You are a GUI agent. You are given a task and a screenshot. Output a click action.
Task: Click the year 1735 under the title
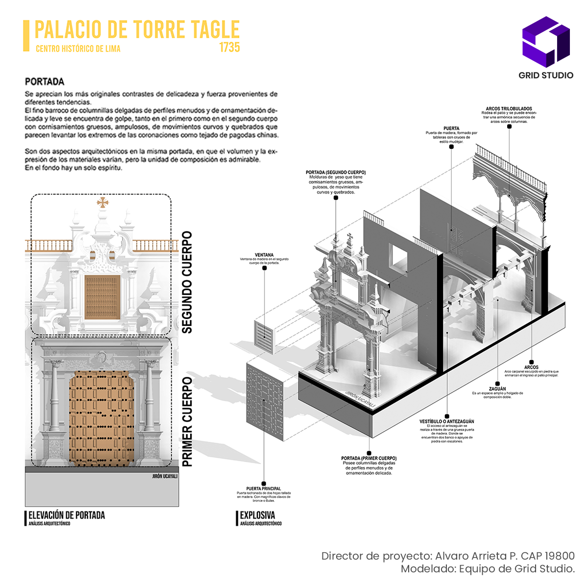(229, 48)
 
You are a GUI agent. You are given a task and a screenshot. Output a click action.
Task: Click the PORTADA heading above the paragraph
(45, 81)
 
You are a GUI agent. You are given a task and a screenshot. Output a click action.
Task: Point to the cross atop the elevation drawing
(102, 202)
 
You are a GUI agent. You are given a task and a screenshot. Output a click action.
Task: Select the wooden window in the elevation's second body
(102, 296)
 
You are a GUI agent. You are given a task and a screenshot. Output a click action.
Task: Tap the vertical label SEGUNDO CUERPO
(187, 283)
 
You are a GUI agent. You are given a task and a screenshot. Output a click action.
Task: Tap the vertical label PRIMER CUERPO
(187, 421)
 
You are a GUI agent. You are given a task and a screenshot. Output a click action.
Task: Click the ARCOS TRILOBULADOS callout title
(509, 109)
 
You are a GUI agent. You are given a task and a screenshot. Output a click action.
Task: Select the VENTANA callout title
(264, 255)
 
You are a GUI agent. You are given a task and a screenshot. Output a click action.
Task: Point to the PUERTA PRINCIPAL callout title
(264, 489)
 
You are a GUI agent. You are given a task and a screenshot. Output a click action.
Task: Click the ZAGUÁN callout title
(497, 389)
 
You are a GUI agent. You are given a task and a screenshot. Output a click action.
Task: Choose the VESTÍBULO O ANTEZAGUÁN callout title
(446, 421)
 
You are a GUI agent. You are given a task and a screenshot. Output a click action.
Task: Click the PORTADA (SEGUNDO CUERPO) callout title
(336, 172)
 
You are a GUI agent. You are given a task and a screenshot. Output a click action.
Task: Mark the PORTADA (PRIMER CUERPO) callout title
(369, 458)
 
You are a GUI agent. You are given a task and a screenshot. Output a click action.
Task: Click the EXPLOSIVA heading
(257, 515)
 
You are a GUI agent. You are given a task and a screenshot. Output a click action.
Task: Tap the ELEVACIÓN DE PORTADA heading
(67, 515)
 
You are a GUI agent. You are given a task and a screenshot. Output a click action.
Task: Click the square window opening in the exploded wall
(399, 255)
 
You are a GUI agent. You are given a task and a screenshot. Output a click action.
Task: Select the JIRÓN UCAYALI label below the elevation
(165, 476)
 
